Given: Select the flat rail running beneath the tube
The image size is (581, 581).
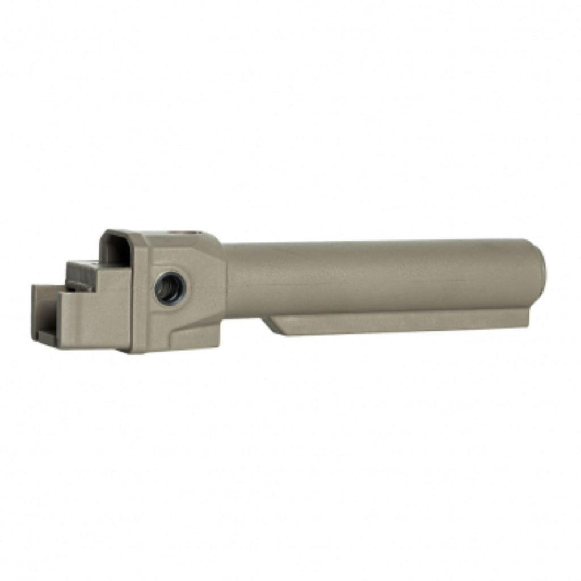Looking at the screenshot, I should tap(397, 322).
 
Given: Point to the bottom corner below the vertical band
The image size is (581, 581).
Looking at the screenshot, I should tap(136, 347).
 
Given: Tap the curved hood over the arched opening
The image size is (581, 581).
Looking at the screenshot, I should tap(122, 234).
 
